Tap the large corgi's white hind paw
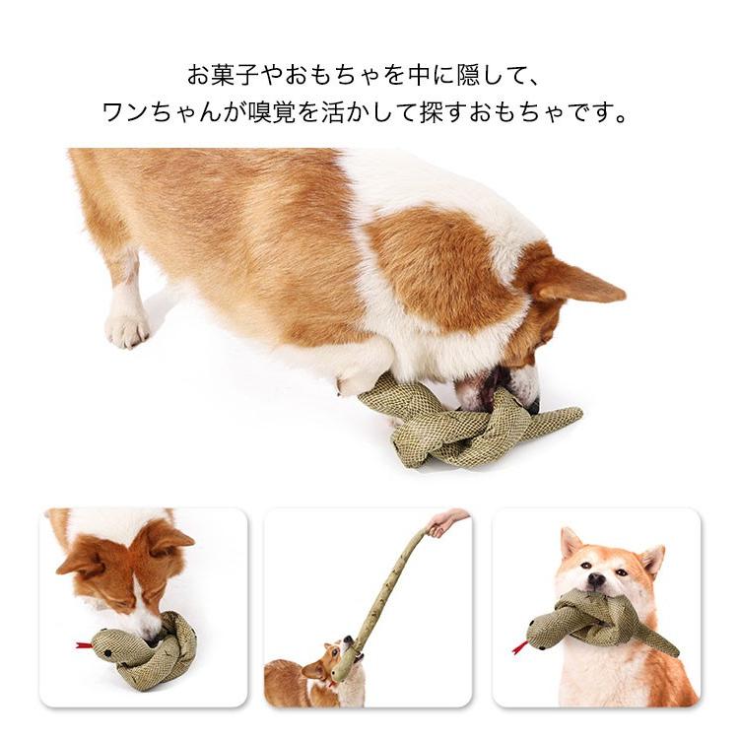pos(127,328)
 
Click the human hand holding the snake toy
pos(448,520)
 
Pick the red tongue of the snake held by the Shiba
pos(518,647)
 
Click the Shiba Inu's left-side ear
pos(571,543)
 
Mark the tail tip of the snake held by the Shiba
pos(675,651)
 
